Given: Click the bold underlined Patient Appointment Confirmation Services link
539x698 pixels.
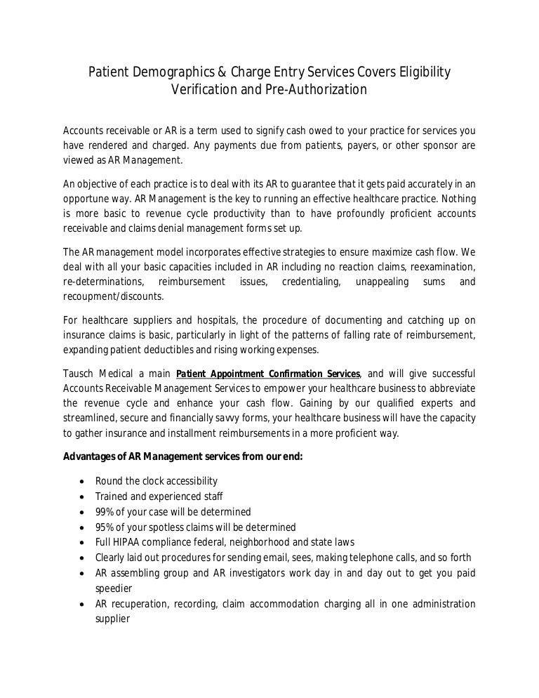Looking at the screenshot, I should (x=269, y=374).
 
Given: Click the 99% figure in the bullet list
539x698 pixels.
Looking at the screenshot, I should (x=105, y=512).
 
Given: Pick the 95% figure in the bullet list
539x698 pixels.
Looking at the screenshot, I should (x=105, y=527).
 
